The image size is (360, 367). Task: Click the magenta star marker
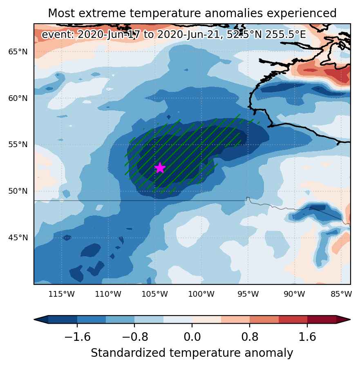click(x=160, y=168)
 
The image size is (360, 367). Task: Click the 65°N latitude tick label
click(x=18, y=52)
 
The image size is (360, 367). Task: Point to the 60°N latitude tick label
click(x=18, y=98)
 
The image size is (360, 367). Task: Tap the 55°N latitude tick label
click(x=18, y=145)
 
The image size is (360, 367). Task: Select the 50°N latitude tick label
click(x=18, y=191)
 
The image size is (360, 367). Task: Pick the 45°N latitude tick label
click(x=18, y=238)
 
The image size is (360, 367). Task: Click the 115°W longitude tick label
click(x=62, y=294)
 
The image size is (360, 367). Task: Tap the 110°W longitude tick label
click(x=108, y=294)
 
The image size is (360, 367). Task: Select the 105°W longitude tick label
click(x=155, y=294)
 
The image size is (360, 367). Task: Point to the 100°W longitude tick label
click(x=201, y=294)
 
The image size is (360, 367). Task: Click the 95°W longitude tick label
click(x=248, y=294)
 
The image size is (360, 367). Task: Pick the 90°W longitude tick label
click(x=295, y=294)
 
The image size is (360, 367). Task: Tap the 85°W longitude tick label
click(x=341, y=294)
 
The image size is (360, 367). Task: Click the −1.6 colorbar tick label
click(x=77, y=337)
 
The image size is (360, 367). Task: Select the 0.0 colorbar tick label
click(x=192, y=337)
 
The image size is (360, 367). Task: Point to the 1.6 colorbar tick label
click(x=307, y=337)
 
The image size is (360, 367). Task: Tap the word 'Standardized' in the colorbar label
click(x=129, y=353)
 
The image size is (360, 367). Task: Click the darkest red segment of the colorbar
click(x=322, y=320)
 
